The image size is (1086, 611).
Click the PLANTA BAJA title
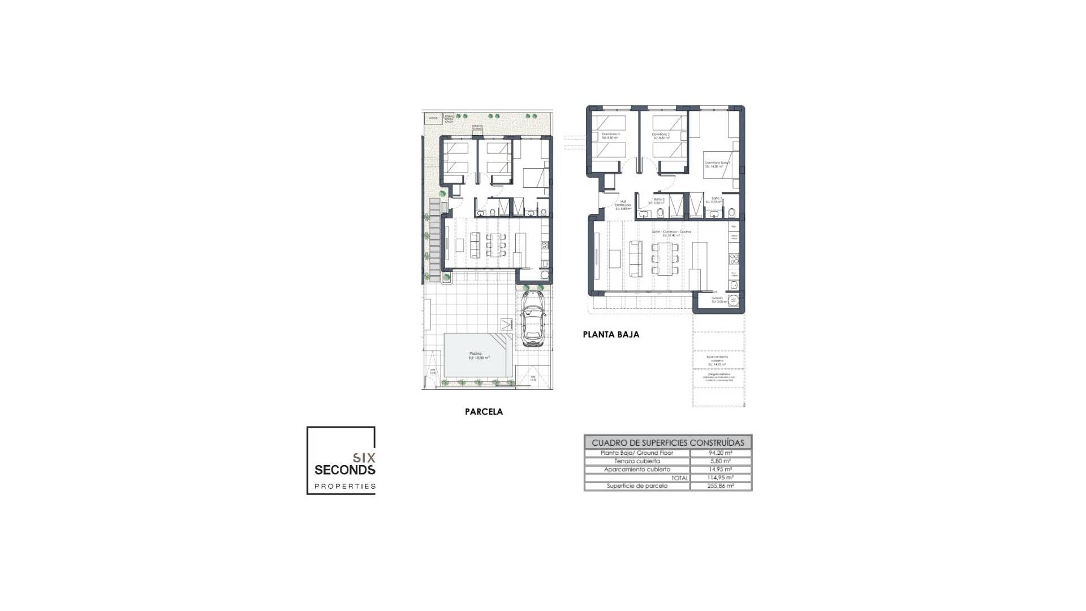(x=611, y=334)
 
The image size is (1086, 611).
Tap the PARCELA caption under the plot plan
(x=484, y=412)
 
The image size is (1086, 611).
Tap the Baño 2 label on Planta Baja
(x=659, y=200)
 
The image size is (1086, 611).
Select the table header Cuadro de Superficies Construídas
(x=668, y=442)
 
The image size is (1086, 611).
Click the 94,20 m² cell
(x=721, y=453)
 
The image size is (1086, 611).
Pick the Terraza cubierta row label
(x=637, y=461)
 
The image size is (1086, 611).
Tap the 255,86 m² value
(x=721, y=486)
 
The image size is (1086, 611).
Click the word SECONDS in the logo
(x=344, y=470)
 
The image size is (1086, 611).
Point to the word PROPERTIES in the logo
(x=345, y=486)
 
